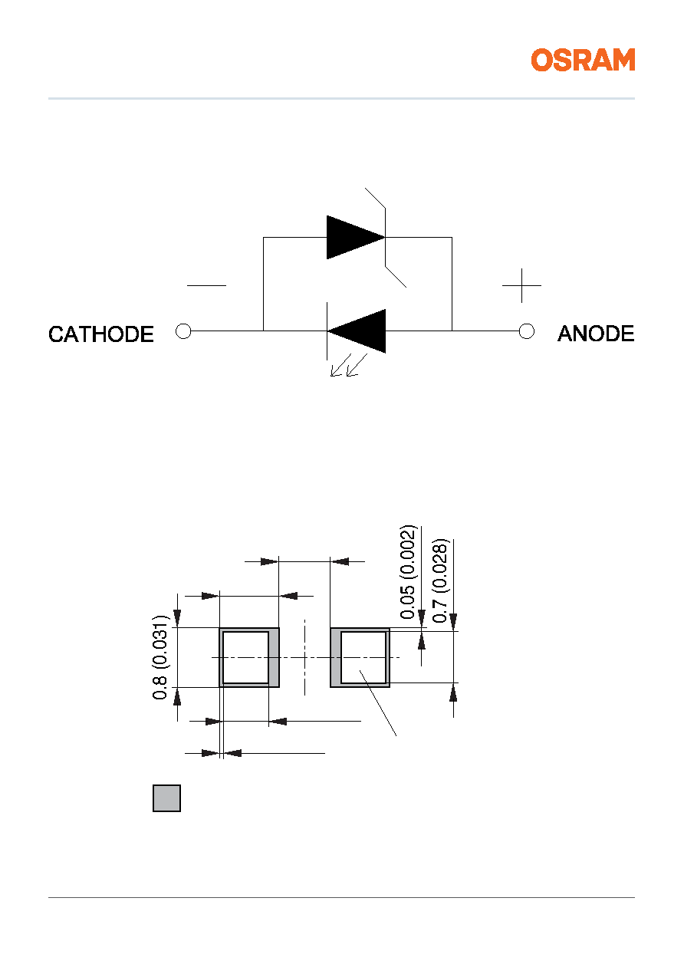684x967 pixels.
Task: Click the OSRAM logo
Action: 583,60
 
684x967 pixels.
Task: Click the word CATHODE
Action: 101,334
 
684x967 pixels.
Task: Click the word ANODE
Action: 596,334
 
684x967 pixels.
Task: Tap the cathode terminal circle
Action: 183,331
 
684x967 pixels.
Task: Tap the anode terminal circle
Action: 527,331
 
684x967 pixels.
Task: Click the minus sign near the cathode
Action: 206,285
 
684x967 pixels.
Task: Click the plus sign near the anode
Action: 521,285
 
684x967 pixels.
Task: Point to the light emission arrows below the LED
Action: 349,365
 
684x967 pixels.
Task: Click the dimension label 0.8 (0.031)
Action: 159,657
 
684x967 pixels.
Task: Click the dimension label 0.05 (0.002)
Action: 407,572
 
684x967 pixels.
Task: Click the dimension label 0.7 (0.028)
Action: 440,581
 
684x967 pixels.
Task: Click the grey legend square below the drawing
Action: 166,798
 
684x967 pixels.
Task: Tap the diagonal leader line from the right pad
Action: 378,703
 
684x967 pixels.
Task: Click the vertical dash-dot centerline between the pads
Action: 304,657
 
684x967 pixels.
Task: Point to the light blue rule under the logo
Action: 341,98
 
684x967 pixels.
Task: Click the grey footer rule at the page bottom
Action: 341,897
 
